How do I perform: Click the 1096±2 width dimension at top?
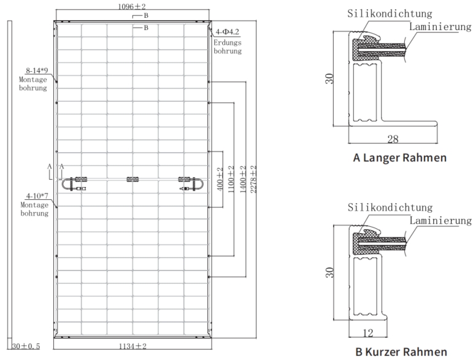coord(132,6)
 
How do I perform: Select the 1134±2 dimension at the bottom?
coord(133,346)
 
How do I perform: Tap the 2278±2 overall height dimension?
coord(253,179)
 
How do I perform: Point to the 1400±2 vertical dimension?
coord(243,179)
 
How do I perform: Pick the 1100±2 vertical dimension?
coord(231,179)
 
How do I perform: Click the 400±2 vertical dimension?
coord(220,179)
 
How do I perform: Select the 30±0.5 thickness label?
coord(26,346)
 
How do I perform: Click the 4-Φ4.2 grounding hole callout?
coord(228,32)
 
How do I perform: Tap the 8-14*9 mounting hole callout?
coord(37,71)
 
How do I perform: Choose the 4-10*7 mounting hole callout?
coord(37,196)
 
